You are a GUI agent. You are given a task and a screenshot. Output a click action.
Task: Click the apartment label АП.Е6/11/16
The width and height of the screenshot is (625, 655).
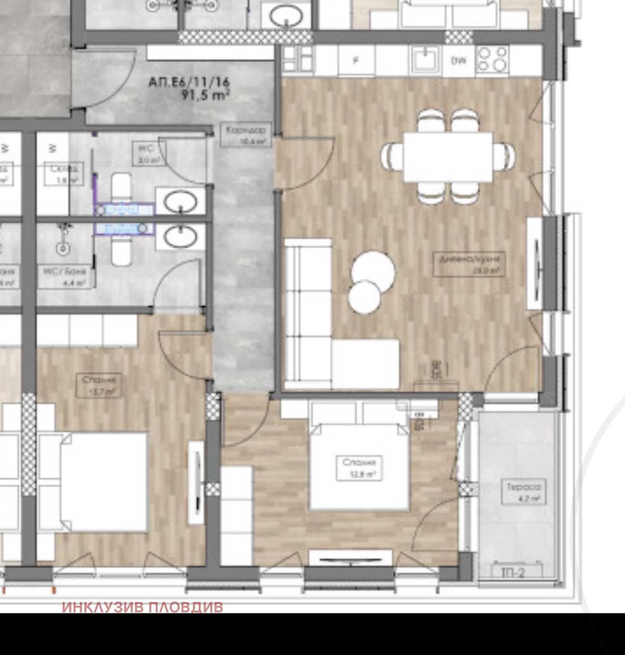pos(189,83)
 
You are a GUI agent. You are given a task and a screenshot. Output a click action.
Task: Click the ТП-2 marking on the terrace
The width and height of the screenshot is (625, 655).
pos(513,573)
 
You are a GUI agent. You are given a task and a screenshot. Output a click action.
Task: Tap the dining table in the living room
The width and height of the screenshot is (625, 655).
pos(448,157)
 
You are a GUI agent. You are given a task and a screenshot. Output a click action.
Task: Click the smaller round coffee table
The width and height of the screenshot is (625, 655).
pos(365,296)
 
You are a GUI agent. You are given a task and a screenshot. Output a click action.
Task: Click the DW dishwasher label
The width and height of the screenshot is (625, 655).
pos(458,61)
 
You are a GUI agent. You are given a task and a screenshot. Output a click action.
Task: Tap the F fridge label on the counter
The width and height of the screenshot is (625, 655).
pos(357,60)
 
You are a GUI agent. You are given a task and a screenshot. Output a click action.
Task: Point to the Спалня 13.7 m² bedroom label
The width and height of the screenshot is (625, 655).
pos(100,385)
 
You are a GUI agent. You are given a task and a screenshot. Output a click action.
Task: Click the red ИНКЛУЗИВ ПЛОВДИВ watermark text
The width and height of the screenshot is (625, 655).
pos(142,607)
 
